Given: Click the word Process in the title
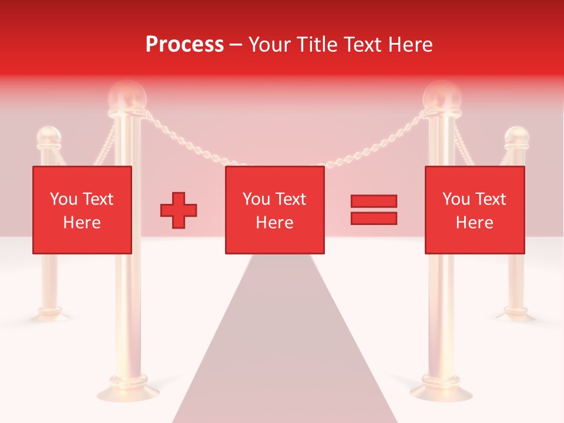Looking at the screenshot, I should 184,45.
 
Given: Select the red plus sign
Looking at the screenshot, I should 179,210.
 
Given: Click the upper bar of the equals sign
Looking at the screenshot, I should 374,202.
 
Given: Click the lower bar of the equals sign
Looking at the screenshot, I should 374,218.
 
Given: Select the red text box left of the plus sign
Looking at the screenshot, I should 82,210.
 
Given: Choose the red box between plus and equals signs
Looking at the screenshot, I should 275,210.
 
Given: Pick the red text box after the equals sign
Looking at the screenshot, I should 475,210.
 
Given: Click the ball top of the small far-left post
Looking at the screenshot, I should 48,136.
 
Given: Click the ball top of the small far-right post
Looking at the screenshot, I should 516,136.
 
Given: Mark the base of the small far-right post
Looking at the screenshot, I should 516,314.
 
